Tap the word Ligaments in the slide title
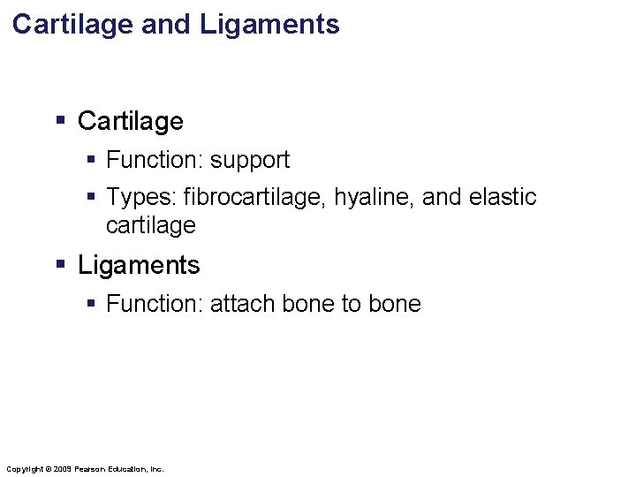tap(269, 24)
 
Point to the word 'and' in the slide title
tap(166, 24)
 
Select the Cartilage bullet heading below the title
tap(131, 121)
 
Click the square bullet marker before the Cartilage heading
tap(61, 120)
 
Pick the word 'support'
tap(250, 160)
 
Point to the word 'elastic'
tap(503, 197)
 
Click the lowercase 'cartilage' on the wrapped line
tap(150, 225)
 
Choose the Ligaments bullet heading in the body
tap(139, 265)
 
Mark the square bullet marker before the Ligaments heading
tap(61, 264)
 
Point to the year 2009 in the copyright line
tap(62, 468)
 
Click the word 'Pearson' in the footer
tap(93, 468)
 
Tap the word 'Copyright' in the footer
tap(24, 468)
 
